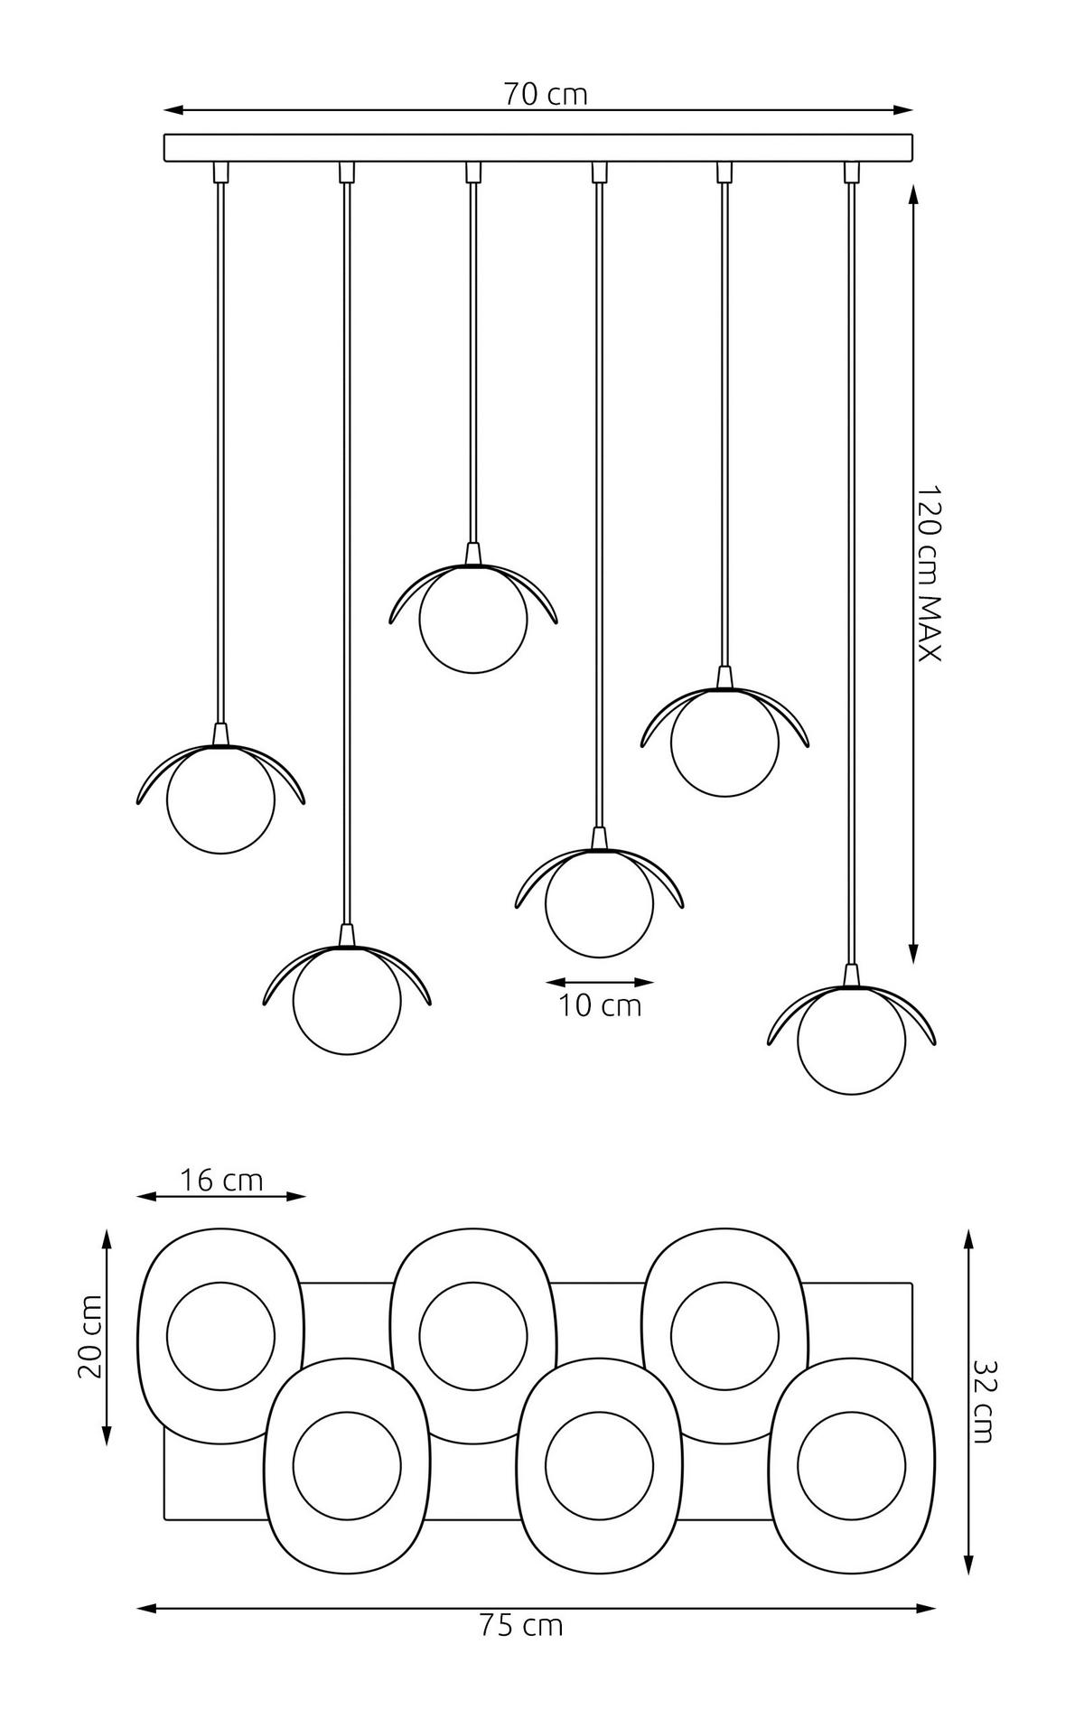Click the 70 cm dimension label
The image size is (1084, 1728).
click(545, 93)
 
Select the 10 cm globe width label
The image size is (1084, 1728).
click(599, 1004)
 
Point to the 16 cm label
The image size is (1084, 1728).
click(221, 1180)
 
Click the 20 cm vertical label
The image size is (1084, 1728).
click(89, 1337)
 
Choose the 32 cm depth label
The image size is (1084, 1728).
click(984, 1401)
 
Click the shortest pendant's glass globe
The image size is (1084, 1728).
click(472, 620)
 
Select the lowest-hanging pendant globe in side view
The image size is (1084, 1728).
click(851, 1041)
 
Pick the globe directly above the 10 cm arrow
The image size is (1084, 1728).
click(599, 904)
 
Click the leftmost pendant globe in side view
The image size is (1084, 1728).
click(220, 800)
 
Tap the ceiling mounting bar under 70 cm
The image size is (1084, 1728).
click(537, 147)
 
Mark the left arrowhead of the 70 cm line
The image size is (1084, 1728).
click(171, 110)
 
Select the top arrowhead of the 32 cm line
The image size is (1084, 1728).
click(968, 1237)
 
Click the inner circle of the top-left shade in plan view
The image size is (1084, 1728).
click(220, 1335)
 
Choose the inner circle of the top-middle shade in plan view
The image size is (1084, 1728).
click(472, 1335)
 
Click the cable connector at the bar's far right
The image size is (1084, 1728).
click(849, 172)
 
